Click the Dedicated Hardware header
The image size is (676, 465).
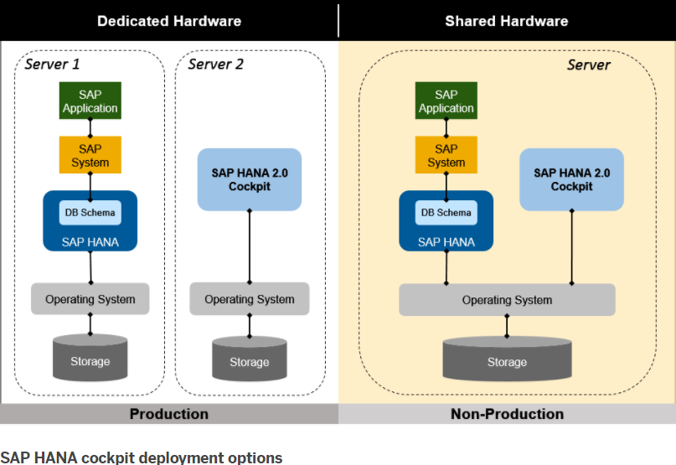pos(168,21)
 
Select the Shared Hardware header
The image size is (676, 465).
pos(506,21)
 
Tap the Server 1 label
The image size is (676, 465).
pos(53,64)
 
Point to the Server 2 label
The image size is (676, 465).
pos(215,64)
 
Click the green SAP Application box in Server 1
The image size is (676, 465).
pos(90,101)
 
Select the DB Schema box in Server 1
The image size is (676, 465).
pos(90,213)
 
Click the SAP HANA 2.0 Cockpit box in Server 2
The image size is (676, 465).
pos(249,179)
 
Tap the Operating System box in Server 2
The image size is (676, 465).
pos(249,299)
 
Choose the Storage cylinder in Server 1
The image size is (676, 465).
pos(90,360)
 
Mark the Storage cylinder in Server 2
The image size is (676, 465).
pos(249,361)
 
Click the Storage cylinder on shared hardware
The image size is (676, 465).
pos(507,361)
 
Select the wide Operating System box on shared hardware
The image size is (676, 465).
pos(507,300)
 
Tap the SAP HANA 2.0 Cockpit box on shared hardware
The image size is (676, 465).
pos(571,179)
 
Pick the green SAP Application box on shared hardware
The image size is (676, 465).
pos(446,101)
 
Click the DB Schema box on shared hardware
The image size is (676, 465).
pos(446,213)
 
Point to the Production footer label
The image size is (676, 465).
pos(168,414)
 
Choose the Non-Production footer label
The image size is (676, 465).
pos(507,414)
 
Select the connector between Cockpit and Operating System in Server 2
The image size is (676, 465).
pos(249,247)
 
